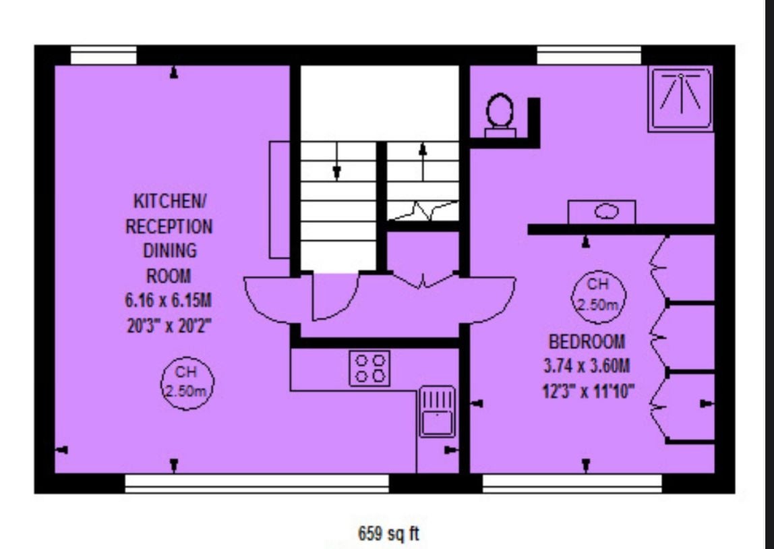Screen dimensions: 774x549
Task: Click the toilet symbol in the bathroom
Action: pos(500,115)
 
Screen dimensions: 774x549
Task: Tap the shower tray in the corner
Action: pos(681,99)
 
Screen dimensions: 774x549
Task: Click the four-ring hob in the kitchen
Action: pos(369,368)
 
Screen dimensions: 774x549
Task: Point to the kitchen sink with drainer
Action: pos(438,411)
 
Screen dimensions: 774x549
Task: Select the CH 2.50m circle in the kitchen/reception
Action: pos(187,383)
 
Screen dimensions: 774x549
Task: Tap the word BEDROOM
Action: pos(587,342)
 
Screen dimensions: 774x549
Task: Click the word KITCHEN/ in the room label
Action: pos(171,201)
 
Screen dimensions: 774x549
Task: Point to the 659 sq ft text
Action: pos(388,533)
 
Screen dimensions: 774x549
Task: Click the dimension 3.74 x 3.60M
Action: pos(587,366)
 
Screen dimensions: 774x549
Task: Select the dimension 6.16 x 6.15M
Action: pos(169,300)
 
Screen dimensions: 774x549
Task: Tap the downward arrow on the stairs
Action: pos(336,161)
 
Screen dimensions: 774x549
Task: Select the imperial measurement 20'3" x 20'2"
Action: pos(169,326)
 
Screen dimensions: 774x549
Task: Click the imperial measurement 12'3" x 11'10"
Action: pos(588,391)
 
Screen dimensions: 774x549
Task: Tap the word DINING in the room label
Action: pos(170,251)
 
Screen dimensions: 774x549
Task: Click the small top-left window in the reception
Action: pos(104,55)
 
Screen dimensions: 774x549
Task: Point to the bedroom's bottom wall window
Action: pos(572,484)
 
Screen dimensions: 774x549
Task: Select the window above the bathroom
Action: pos(589,55)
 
